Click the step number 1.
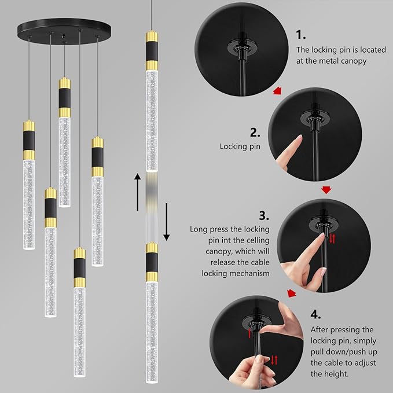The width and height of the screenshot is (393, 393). click(300, 35)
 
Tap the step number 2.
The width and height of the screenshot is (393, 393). click(255, 133)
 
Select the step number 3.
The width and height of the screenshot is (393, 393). click(264, 215)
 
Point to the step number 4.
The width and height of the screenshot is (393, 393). click(315, 314)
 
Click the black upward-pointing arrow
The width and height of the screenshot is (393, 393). click(137, 192)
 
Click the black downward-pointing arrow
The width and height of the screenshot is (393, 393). click(167, 222)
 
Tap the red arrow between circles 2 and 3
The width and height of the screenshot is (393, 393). click(326, 190)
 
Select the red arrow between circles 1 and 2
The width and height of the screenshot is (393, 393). click(277, 90)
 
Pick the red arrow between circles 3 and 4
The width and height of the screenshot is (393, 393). click(292, 293)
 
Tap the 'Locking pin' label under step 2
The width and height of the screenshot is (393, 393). click(240, 146)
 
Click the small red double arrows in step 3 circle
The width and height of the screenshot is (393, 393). click(332, 238)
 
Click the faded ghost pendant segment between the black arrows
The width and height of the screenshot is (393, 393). click(152, 207)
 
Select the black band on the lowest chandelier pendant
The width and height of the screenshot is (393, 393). click(80, 268)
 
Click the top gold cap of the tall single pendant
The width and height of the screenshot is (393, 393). click(152, 36)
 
